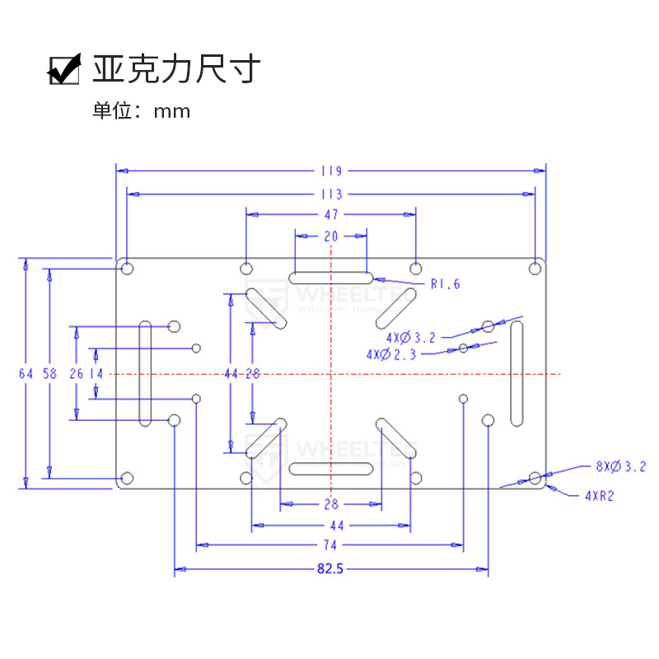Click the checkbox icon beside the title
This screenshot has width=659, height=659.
[63, 69]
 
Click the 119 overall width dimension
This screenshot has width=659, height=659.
[331, 171]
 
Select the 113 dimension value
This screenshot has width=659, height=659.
[331, 195]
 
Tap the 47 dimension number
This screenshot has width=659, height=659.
[331, 214]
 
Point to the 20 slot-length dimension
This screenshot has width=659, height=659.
[331, 236]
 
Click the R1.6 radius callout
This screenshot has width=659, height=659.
[445, 284]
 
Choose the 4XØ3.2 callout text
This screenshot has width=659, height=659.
[409, 337]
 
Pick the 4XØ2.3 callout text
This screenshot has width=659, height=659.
[391, 354]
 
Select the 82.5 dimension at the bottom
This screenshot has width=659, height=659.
[331, 568]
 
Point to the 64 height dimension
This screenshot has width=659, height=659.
[26, 373]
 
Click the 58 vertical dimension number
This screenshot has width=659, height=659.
[49, 373]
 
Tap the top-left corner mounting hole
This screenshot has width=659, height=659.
[127, 268]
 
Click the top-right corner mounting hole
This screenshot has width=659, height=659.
[535, 268]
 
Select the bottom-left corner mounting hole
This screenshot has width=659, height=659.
[127, 478]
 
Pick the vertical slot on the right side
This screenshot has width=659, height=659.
[516, 374]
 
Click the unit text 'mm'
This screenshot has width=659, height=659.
[172, 111]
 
